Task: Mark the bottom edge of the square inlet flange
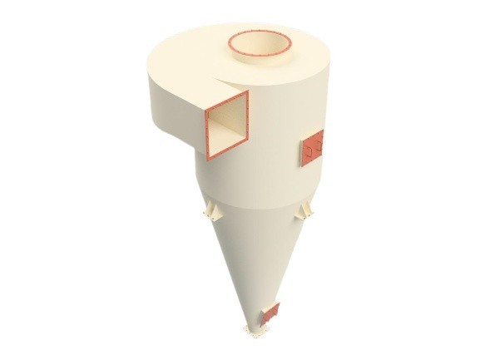click(226, 152)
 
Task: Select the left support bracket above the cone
click(210, 212)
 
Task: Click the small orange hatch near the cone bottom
click(270, 314)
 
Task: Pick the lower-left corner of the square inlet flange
click(207, 158)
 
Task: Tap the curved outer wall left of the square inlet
click(171, 125)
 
